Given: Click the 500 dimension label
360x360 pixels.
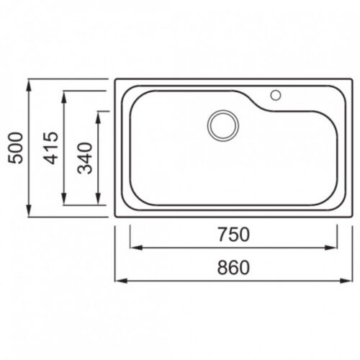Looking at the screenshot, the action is click(16, 148).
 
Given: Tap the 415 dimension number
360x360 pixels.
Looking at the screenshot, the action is click(50, 148).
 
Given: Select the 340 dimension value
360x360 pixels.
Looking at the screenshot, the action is click(85, 158).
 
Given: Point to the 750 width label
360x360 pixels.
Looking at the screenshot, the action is click(233, 235).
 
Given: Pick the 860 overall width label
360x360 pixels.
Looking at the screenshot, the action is click(233, 268).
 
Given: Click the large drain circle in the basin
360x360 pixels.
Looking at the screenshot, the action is click(223, 125).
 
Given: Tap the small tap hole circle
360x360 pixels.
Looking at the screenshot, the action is click(276, 95).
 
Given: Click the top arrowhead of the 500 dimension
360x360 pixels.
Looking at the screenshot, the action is click(29, 86).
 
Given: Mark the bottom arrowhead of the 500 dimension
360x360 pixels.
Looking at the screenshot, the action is click(29, 211).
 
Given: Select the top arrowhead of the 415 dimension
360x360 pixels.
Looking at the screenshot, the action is click(64, 97).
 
